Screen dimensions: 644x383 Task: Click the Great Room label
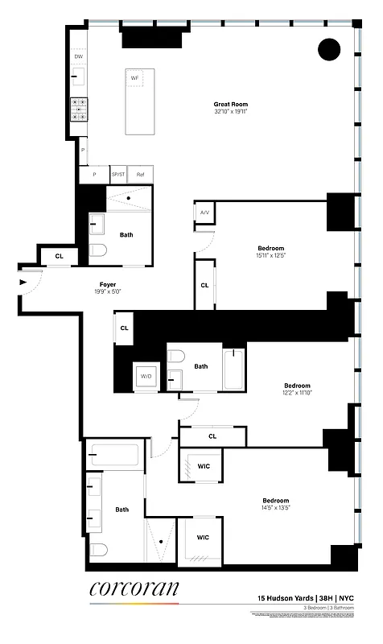point(230,104)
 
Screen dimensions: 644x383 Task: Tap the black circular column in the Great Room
point(329,50)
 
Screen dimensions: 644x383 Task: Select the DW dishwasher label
point(79,57)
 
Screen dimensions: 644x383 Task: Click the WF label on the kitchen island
point(135,78)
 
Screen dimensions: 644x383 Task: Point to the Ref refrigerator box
point(140,175)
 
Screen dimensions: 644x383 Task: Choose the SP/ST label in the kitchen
point(118,175)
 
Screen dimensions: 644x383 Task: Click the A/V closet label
point(204,213)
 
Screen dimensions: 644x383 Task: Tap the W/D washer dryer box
point(146,377)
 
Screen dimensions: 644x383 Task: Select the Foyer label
point(108,284)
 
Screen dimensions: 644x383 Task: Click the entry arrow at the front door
point(23,283)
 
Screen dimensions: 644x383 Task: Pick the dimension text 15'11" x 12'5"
point(270,256)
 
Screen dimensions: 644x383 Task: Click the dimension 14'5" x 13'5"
point(275,508)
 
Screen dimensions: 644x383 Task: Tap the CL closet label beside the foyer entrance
point(59,256)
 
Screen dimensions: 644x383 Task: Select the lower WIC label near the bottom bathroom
point(204,537)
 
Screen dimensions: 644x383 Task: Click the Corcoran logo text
point(134,589)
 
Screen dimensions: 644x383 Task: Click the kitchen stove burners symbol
point(79,109)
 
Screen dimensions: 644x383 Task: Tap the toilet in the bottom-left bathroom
point(98,550)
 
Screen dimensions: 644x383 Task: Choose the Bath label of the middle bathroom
point(201,366)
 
